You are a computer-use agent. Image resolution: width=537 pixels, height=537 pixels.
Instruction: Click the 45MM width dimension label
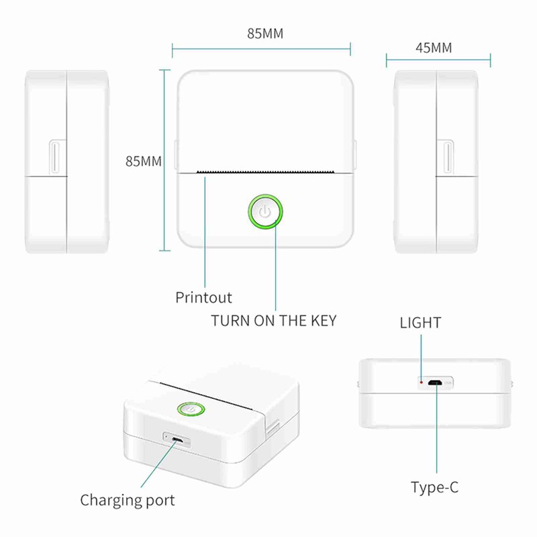[x=434, y=48]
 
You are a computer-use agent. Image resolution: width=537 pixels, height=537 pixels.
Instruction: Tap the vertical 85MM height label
[x=144, y=161]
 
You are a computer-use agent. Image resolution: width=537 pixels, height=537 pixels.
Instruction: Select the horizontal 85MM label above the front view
[x=265, y=34]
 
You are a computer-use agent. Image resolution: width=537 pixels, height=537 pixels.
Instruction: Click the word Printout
[x=203, y=297]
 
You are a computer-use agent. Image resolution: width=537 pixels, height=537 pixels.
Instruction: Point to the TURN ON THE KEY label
[x=274, y=321]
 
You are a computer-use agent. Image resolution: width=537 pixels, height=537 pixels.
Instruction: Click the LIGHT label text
[x=421, y=323]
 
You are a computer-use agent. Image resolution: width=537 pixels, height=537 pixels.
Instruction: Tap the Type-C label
[x=434, y=487]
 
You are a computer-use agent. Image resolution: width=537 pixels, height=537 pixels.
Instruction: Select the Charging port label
[x=128, y=501]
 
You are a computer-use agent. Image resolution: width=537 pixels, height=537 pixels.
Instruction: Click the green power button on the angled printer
[x=191, y=409]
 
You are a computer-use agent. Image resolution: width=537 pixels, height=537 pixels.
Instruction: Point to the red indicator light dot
[x=422, y=382]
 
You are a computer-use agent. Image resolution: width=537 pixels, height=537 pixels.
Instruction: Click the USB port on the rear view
[x=435, y=383]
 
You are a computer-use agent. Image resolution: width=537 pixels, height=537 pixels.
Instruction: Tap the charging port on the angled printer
[x=177, y=440]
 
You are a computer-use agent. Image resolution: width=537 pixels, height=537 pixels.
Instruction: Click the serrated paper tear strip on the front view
[x=265, y=171]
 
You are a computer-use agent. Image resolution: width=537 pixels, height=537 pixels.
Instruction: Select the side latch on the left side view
[x=55, y=157]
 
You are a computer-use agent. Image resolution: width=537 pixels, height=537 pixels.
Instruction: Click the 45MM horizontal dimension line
[x=438, y=60]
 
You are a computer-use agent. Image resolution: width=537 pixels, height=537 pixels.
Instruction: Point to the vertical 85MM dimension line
[x=164, y=160]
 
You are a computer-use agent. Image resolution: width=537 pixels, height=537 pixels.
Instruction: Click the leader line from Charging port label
[x=159, y=464]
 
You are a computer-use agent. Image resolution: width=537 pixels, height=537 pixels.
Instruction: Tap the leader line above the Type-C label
[x=437, y=428]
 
